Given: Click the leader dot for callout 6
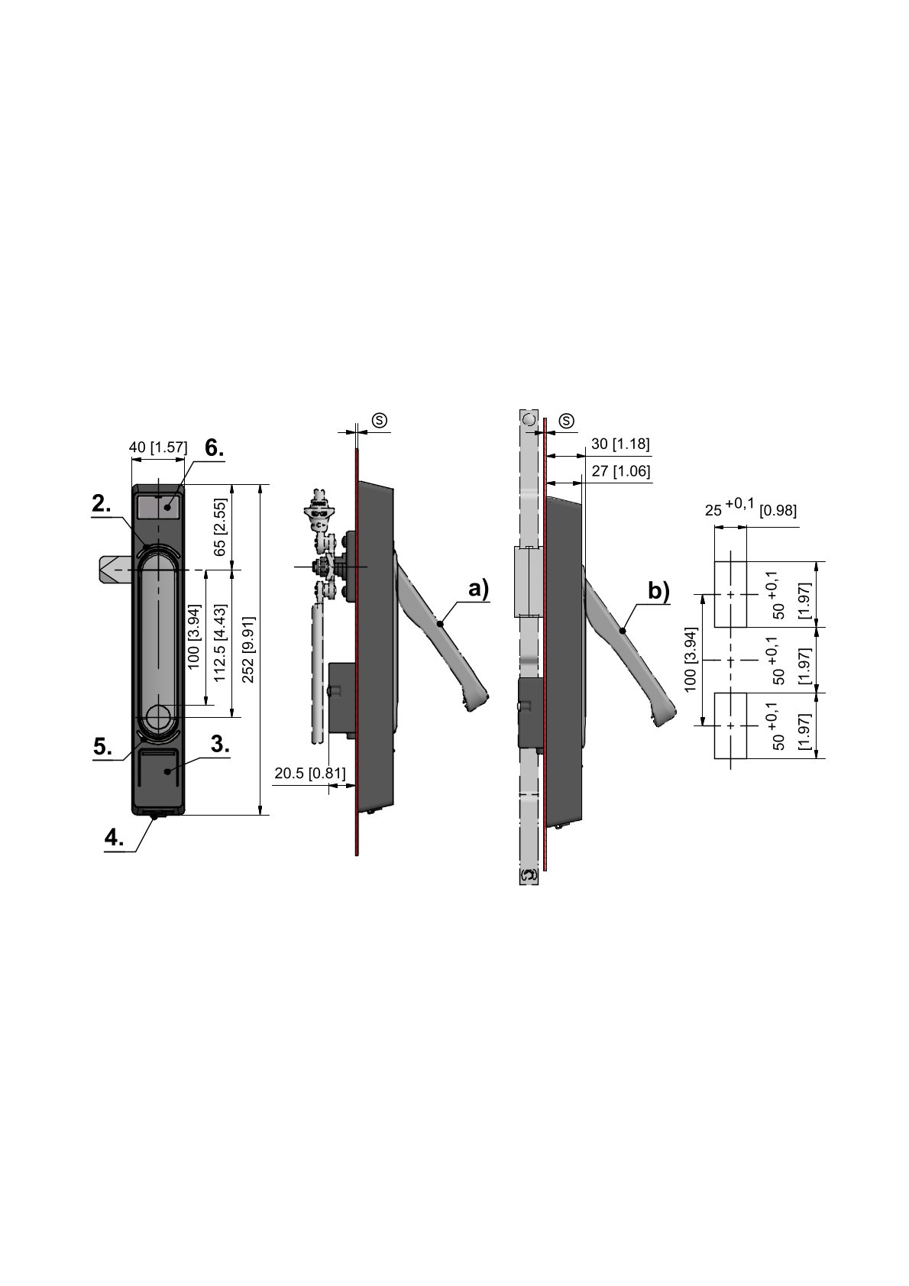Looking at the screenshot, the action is click(x=169, y=507).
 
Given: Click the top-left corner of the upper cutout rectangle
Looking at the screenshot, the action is click(x=714, y=561).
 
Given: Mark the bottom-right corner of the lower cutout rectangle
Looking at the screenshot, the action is click(x=747, y=758).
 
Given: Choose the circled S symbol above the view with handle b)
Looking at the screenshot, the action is click(x=566, y=421).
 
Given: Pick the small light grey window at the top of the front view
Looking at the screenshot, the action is click(x=159, y=507).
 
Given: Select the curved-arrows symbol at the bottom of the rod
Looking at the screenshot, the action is click(x=529, y=875).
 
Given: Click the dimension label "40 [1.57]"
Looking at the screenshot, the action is click(x=158, y=448).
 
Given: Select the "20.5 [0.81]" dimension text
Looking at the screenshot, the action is click(x=310, y=774).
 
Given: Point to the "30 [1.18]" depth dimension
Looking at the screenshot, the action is click(x=620, y=444).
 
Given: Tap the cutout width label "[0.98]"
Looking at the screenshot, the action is click(x=778, y=510).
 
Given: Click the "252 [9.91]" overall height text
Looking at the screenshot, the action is click(x=248, y=650).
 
